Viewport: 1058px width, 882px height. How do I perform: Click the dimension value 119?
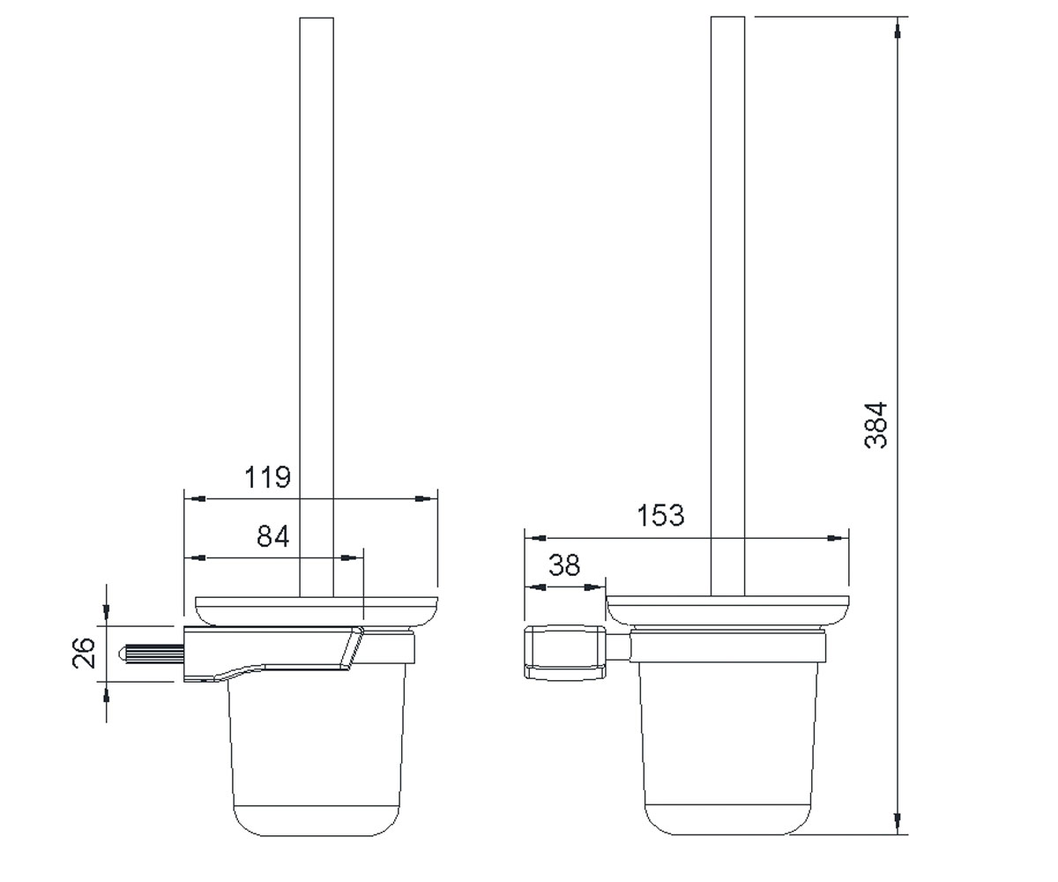[267, 477]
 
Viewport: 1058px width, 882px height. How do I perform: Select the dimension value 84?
[272, 535]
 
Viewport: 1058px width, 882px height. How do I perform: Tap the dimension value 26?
[84, 654]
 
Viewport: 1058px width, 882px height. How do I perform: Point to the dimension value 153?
[660, 515]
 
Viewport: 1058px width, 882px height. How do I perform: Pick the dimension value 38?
[564, 564]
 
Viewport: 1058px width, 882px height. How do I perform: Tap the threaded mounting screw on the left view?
[151, 654]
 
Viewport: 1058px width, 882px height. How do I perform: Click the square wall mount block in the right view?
[565, 653]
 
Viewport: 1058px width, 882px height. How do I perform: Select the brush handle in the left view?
[317, 307]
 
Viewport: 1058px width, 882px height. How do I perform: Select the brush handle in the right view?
[727, 306]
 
